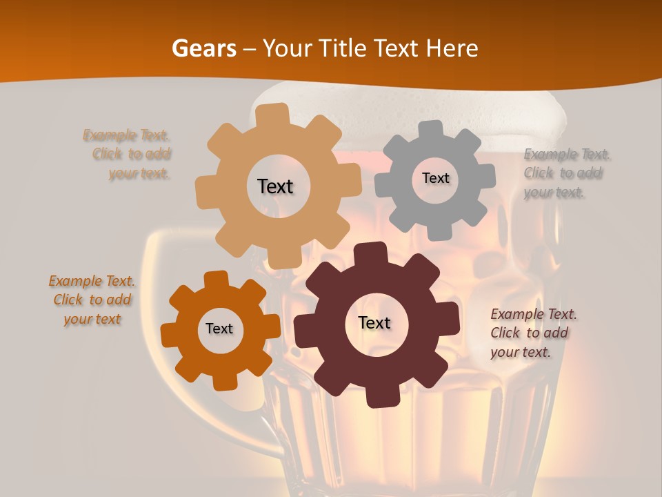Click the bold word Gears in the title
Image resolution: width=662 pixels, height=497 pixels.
click(203, 48)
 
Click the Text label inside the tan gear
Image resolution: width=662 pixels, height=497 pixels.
click(275, 186)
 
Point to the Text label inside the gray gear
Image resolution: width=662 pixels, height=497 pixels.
click(435, 178)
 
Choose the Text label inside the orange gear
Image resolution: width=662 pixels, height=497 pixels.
click(219, 329)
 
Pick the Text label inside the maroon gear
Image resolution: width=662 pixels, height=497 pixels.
click(374, 322)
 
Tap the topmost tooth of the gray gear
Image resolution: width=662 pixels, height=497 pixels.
click(431, 130)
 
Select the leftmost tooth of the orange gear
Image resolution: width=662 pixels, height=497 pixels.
click(170, 335)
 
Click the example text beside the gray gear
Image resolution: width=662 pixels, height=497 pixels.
click(563, 173)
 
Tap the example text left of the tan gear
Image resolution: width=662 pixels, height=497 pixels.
click(130, 154)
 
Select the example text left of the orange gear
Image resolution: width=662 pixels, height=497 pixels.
click(92, 300)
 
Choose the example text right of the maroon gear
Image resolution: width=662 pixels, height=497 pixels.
click(532, 333)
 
